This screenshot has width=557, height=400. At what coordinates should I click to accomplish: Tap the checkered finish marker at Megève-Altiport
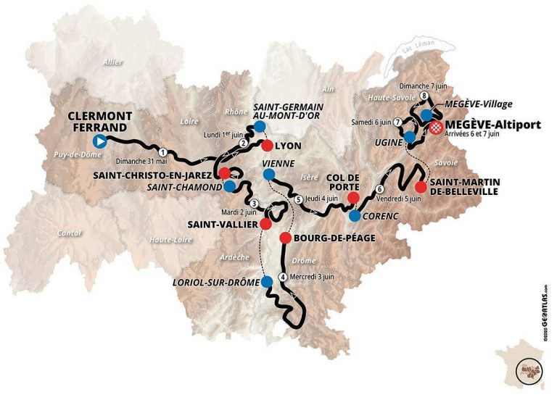click(435, 128)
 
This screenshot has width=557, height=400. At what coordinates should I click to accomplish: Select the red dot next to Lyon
click(267, 145)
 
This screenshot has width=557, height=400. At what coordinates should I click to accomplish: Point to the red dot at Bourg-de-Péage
click(285, 238)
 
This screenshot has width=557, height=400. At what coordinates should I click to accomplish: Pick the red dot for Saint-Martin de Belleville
click(421, 186)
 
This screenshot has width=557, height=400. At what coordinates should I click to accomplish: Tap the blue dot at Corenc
click(355, 215)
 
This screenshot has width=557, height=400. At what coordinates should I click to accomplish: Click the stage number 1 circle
click(164, 152)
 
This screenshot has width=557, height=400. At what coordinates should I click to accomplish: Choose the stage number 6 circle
click(379, 190)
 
